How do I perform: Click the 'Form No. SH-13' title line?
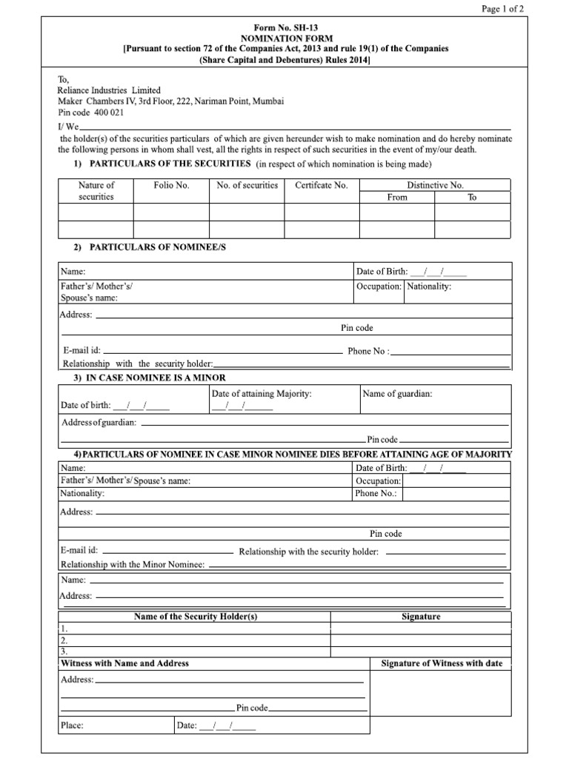(285, 27)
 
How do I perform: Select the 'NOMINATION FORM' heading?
(285, 38)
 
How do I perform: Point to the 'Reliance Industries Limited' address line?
(110, 90)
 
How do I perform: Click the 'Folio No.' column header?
(171, 185)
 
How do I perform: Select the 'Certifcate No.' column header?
(322, 185)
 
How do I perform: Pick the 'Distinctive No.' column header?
(435, 185)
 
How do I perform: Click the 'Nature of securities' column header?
(96, 191)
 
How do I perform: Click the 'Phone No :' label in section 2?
(368, 352)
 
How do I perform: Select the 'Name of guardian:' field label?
(398, 395)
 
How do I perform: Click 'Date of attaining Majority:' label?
(262, 395)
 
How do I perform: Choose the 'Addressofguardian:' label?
(99, 422)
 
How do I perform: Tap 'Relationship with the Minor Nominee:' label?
(133, 565)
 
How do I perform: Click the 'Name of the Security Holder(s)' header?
(196, 617)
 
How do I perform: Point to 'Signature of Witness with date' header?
(442, 663)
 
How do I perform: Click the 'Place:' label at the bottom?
(73, 725)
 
